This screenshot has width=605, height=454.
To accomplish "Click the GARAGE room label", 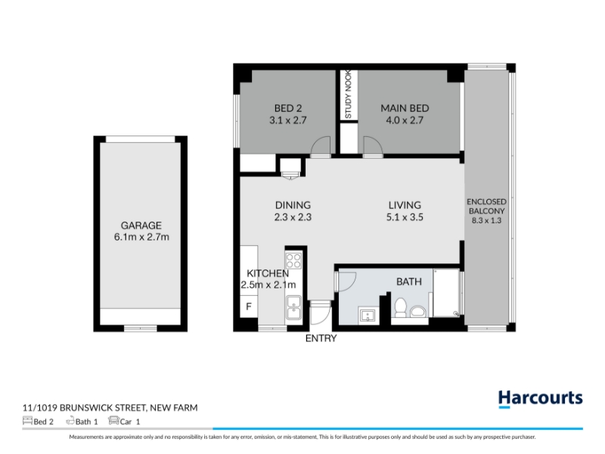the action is click(141, 225).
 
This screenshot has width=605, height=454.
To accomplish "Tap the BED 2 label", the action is click(288, 108).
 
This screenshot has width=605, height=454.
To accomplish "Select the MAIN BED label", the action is click(405, 108).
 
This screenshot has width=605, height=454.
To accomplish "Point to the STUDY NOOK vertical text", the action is click(348, 94).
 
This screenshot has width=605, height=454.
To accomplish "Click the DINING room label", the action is click(293, 205).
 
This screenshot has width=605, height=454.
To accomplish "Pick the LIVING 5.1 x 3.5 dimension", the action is click(405, 217).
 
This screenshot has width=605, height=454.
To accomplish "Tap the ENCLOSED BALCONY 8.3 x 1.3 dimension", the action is click(486, 221).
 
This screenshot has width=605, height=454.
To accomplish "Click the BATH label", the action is click(409, 281).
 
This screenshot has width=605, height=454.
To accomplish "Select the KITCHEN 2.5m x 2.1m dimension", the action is click(268, 285).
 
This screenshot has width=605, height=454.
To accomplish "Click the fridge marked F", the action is click(249, 306).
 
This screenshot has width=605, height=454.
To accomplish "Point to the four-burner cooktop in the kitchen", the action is click(293, 260).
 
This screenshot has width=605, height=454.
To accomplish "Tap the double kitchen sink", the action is click(293, 308).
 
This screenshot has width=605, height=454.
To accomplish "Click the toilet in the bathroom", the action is click(401, 308).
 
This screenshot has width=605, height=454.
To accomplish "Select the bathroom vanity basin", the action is click(367, 316).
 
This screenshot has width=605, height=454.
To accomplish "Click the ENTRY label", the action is click(321, 338).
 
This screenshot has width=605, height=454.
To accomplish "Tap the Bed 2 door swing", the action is click(321, 147).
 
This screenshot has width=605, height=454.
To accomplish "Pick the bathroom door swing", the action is click(346, 281).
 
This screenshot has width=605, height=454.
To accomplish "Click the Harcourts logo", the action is click(540, 399).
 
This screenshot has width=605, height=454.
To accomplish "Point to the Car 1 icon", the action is click(113, 421).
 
